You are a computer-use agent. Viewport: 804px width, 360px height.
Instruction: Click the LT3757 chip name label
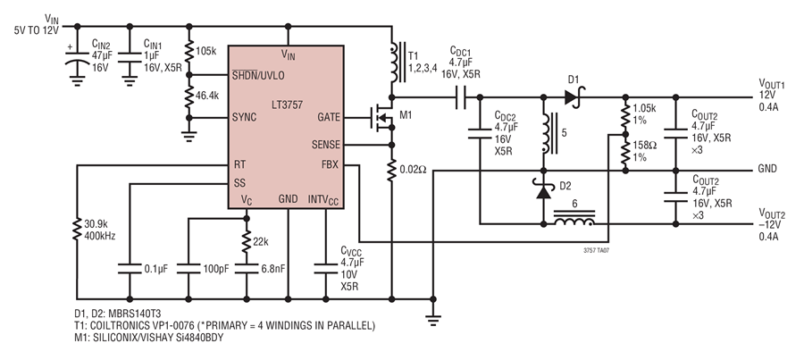[x=287, y=105]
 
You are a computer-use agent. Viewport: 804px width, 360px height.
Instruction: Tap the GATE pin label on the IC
[x=329, y=117]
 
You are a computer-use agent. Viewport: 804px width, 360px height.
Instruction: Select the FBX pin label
[x=331, y=164]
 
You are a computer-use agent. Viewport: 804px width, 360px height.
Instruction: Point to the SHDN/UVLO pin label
[x=258, y=75]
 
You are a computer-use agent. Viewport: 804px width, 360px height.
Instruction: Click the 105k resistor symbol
[x=189, y=51]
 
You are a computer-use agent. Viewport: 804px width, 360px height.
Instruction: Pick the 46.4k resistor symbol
[x=189, y=96]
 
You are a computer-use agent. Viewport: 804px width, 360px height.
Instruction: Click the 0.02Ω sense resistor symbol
[x=392, y=171]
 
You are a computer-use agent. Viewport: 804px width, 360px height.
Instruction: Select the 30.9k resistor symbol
[x=77, y=230]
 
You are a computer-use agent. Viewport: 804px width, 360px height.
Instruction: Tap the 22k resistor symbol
[x=247, y=242]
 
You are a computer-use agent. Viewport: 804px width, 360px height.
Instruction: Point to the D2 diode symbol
[x=543, y=190]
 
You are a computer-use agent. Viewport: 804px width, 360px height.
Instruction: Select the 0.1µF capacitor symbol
[x=130, y=268]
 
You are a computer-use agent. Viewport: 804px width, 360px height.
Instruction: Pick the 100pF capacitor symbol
[x=188, y=268]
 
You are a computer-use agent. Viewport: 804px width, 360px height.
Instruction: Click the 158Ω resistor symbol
[x=625, y=152]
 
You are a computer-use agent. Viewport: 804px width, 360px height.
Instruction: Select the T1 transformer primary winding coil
[x=394, y=62]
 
